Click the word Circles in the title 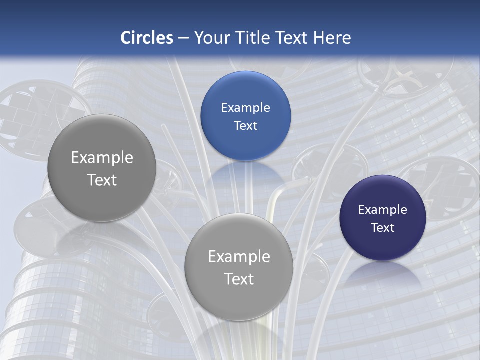tap(147, 38)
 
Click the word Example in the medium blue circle tap(245, 108)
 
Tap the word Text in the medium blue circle tap(245, 126)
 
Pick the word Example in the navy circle tap(383, 210)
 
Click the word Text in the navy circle tap(383, 228)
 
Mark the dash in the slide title tap(183, 38)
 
